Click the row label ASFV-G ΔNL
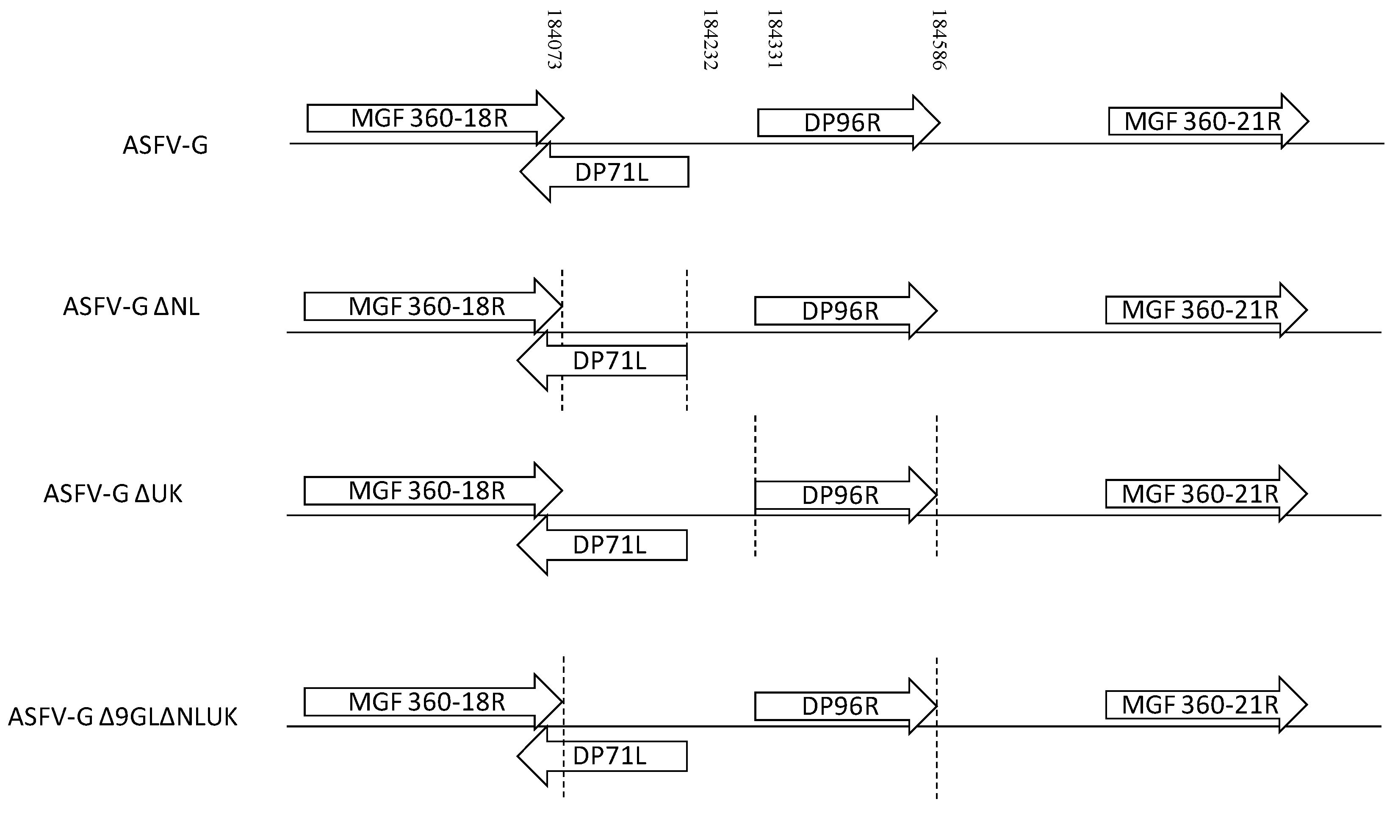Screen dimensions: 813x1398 click(131, 307)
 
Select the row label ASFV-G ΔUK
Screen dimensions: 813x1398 click(113, 494)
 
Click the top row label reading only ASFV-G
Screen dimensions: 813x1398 click(165, 146)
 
